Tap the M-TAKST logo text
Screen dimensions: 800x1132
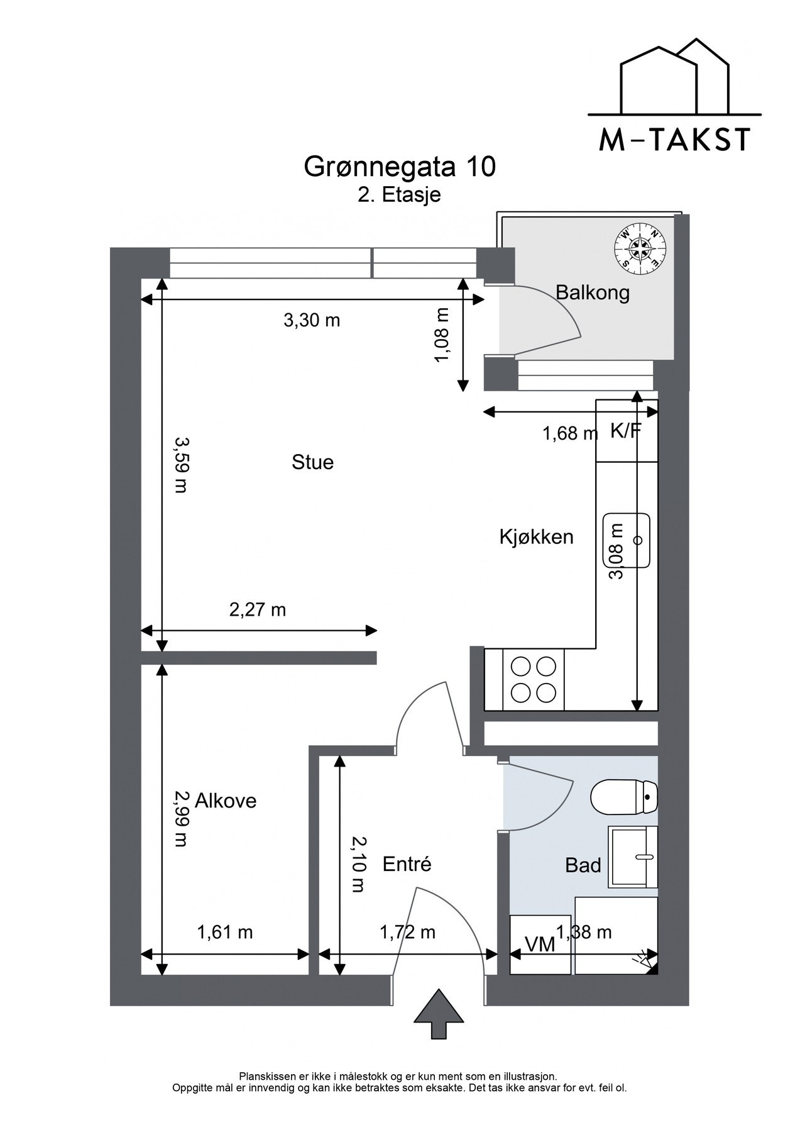pyautogui.click(x=674, y=140)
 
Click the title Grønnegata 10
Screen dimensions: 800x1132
pyautogui.click(x=400, y=167)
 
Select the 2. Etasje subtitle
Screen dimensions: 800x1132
pyautogui.click(x=400, y=194)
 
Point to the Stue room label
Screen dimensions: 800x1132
pyautogui.click(x=312, y=462)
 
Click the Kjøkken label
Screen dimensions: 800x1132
pyautogui.click(x=537, y=537)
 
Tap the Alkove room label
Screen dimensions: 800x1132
pyautogui.click(x=226, y=801)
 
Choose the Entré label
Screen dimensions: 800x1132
pyautogui.click(x=407, y=864)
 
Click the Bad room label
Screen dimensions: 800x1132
pyautogui.click(x=583, y=865)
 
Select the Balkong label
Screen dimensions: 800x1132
pyautogui.click(x=593, y=292)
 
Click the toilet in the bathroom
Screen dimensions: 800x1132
pyautogui.click(x=624, y=796)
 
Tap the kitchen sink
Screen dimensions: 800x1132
pyautogui.click(x=626, y=540)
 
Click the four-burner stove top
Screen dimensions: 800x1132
pyautogui.click(x=534, y=680)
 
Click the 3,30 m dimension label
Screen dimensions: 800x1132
pyautogui.click(x=312, y=321)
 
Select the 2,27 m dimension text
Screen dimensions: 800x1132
pyautogui.click(x=258, y=609)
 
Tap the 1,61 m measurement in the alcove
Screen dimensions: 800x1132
pyautogui.click(x=225, y=932)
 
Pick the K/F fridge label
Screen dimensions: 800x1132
pyautogui.click(x=626, y=431)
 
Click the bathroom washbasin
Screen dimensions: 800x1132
pyautogui.click(x=633, y=857)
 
